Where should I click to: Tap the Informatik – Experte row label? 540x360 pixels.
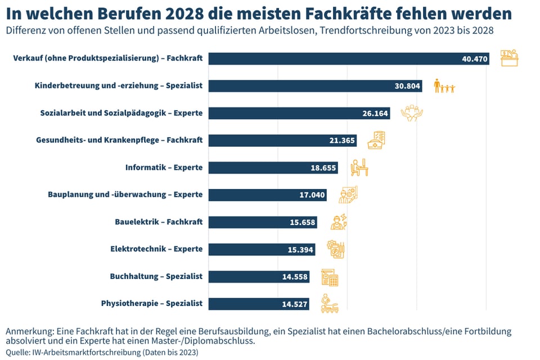[163, 168]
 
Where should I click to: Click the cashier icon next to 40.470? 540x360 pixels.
[509, 58]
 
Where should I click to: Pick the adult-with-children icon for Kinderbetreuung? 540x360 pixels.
[444, 86]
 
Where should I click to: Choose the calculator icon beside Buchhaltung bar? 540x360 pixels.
[329, 277]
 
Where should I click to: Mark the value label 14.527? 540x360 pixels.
[294, 304]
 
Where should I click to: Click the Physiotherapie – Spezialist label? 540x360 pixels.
[151, 304]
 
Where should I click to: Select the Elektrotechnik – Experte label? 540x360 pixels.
[156, 249]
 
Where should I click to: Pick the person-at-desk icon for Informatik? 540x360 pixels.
[359, 168]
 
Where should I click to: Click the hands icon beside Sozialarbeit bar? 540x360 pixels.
[411, 113]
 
